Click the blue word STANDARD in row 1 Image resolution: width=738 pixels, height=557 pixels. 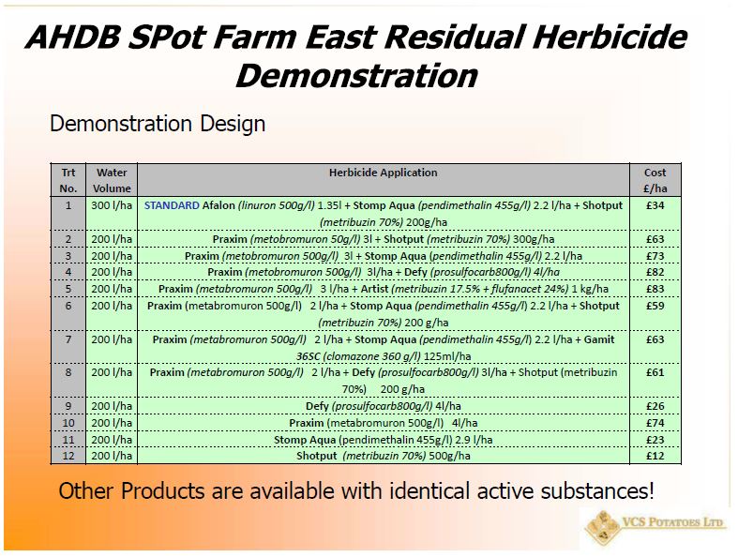point(172,205)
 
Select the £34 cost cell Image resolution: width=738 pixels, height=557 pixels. point(655,205)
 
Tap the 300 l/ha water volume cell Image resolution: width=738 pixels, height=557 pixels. point(112,205)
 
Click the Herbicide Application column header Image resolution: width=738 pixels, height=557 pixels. point(384,173)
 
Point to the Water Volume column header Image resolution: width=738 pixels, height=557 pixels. point(112,180)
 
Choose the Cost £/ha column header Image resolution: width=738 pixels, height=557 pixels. point(655,180)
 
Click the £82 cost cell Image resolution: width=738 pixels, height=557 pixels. point(655,272)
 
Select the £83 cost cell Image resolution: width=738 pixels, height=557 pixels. point(655,289)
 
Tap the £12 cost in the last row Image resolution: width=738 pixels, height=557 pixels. point(655,456)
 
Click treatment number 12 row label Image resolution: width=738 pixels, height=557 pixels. point(68,456)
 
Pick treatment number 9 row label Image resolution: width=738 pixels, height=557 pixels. point(68,406)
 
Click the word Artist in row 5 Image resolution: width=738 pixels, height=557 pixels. point(375,289)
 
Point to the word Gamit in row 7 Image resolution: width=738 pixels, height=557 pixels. point(599,339)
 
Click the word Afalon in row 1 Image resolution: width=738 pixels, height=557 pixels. point(218,205)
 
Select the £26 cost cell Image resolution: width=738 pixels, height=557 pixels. point(655,406)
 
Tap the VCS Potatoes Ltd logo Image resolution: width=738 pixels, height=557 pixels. point(654,527)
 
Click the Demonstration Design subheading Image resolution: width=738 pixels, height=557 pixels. point(158,125)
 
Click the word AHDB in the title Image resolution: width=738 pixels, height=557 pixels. point(73,38)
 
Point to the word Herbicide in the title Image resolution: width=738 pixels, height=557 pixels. point(610,38)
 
